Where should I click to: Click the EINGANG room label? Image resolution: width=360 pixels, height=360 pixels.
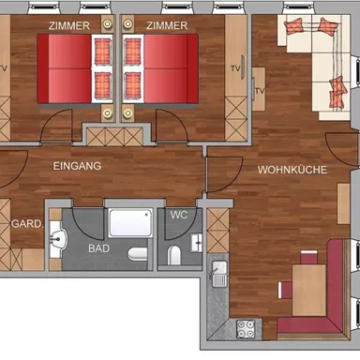[x=78, y=166]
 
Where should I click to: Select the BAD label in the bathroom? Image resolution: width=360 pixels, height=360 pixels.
[x=98, y=248]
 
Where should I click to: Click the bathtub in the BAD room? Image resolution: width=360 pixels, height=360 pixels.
[x=129, y=223]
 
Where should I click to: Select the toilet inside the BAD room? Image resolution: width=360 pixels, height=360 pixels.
[x=138, y=253]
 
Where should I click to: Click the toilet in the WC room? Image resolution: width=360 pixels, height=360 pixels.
[x=174, y=253]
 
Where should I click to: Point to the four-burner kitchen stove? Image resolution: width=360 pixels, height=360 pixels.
[x=247, y=329]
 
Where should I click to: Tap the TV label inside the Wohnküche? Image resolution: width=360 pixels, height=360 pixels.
[x=261, y=90]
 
